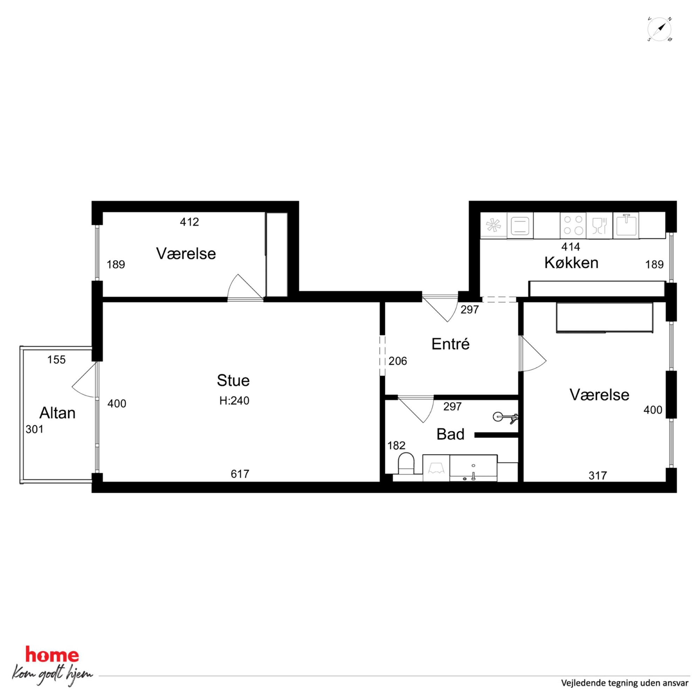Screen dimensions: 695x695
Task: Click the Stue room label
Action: click(x=233, y=380)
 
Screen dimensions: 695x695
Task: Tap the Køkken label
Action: click(x=571, y=263)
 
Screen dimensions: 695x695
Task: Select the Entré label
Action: click(x=450, y=344)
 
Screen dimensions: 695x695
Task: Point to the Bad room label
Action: click(x=450, y=434)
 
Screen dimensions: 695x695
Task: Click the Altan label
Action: click(x=57, y=413)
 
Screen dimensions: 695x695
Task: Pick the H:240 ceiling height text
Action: click(x=234, y=401)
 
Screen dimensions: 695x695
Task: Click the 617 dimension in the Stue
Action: click(x=240, y=474)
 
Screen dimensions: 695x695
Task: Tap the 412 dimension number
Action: click(x=189, y=222)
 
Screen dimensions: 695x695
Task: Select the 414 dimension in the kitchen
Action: click(x=571, y=247)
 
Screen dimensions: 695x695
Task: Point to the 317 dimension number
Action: click(x=598, y=476)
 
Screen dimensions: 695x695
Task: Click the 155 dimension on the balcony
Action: click(x=56, y=360)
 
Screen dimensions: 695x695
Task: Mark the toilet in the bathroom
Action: click(x=406, y=464)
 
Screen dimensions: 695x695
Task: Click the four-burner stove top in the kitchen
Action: click(x=573, y=225)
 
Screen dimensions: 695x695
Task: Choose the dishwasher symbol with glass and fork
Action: click(x=599, y=225)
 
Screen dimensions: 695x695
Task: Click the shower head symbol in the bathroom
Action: click(x=505, y=417)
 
